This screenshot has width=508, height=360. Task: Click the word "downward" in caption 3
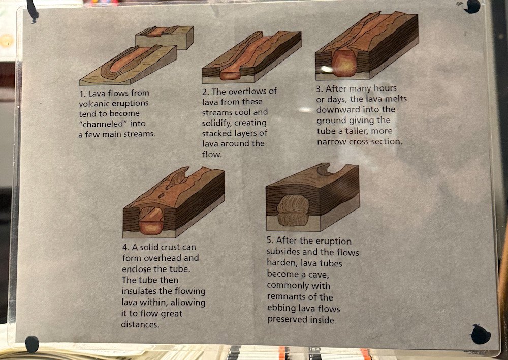[x=338, y=110]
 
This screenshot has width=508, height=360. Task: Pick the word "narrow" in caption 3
[x=332, y=142]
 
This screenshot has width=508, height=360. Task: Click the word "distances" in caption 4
[x=140, y=324]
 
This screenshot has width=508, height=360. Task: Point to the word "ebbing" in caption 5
[x=281, y=308]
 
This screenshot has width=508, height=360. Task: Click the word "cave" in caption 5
[x=317, y=275]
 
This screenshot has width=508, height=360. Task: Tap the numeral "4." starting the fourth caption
[x=125, y=247]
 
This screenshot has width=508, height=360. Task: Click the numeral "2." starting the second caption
[x=205, y=92]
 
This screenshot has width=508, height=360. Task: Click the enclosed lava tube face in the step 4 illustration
[x=151, y=221]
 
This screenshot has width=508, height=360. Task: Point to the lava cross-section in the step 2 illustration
[x=230, y=75]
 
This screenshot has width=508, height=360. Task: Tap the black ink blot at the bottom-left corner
[x=31, y=344]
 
